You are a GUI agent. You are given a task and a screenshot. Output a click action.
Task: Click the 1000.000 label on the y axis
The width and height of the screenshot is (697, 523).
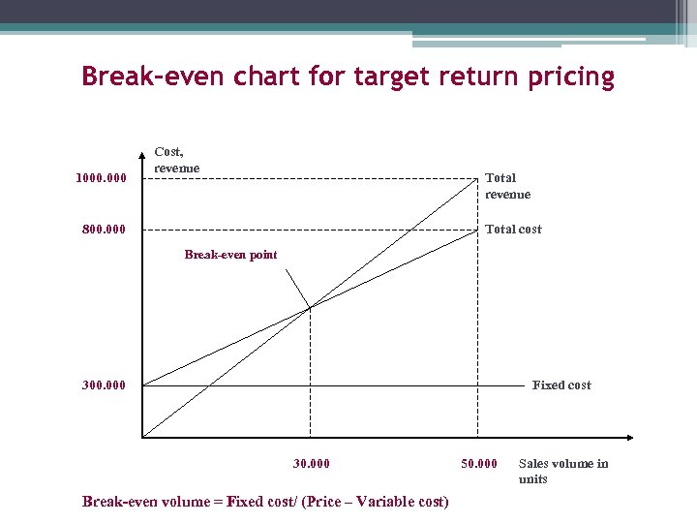[101, 178]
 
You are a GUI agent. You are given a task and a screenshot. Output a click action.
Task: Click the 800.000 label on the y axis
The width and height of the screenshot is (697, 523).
[104, 231]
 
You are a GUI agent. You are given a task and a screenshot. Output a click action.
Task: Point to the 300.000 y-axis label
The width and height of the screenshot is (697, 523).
[104, 385]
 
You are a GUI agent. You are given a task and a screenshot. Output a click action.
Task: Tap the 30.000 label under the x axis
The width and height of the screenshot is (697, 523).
[311, 464]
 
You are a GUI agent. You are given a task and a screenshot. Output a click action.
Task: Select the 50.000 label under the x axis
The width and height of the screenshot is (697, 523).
[478, 464]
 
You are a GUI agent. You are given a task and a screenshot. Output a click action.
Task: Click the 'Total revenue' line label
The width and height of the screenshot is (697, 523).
[507, 186]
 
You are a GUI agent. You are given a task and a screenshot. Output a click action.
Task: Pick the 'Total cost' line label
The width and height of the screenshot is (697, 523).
[513, 230]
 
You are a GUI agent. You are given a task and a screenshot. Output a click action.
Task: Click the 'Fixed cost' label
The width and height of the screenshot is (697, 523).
[561, 385]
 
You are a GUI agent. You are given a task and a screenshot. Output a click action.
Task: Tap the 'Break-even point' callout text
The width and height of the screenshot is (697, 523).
[230, 255]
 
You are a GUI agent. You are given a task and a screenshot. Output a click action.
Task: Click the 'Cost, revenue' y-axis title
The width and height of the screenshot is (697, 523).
[176, 160]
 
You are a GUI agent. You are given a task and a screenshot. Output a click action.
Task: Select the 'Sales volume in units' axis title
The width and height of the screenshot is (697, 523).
[563, 471]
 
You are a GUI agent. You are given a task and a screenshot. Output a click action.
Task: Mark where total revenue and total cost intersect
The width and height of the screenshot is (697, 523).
[310, 308]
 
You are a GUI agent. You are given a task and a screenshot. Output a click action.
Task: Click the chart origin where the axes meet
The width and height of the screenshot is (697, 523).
[142, 438]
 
